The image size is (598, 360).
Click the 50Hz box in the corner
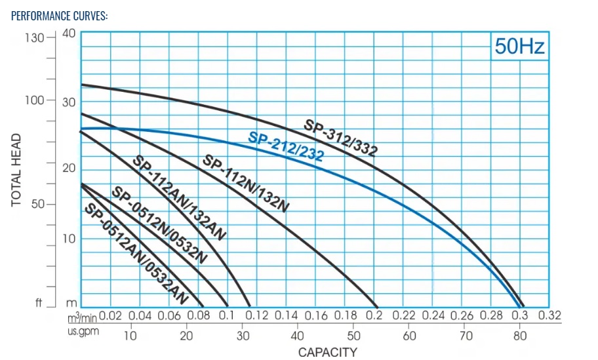click(519, 46)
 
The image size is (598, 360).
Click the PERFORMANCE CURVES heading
click(59, 16)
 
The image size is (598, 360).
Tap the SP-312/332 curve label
click(340, 138)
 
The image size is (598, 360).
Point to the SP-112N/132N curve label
click(246, 183)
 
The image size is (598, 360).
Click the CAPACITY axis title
click(328, 352)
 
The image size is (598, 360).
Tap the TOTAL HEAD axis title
click(18, 170)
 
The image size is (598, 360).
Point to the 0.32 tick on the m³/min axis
click(549, 316)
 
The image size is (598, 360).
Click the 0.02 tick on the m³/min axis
click(110, 316)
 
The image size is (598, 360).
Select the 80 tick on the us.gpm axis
click(519, 336)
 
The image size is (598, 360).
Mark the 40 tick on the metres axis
click(69, 33)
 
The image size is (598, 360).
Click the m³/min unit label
click(82, 317)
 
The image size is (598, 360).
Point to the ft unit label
click(39, 304)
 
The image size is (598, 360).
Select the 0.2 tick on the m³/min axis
click(375, 316)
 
